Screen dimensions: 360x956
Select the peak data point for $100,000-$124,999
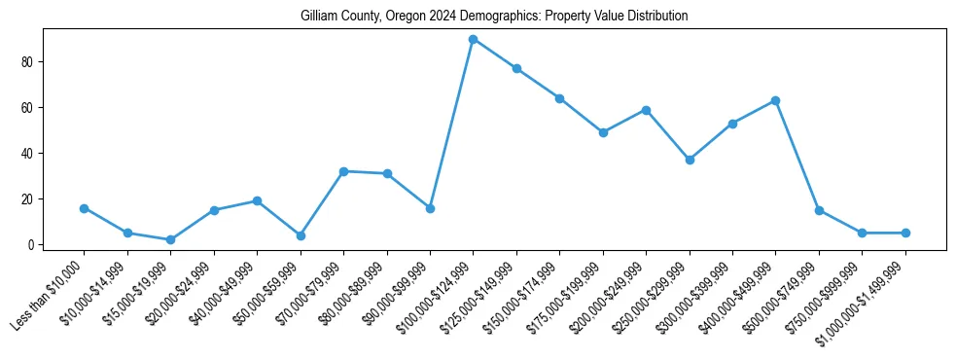click(x=473, y=39)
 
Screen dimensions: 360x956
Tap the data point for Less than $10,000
click(x=84, y=208)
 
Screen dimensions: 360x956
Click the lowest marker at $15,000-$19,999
click(x=170, y=239)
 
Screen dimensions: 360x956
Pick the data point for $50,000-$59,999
click(x=301, y=235)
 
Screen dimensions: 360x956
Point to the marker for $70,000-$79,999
click(x=343, y=171)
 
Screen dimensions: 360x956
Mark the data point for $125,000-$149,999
click(x=516, y=68)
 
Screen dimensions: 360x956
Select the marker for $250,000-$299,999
click(x=690, y=160)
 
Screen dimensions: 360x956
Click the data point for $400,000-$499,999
click(x=775, y=100)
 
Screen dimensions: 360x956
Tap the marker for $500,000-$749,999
click(x=819, y=210)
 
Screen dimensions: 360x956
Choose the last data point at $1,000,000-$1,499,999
click(x=905, y=233)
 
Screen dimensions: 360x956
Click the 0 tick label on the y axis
click(x=31, y=244)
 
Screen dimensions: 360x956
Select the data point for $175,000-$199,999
click(x=603, y=132)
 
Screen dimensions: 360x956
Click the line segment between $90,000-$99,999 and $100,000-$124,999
click(x=451, y=124)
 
